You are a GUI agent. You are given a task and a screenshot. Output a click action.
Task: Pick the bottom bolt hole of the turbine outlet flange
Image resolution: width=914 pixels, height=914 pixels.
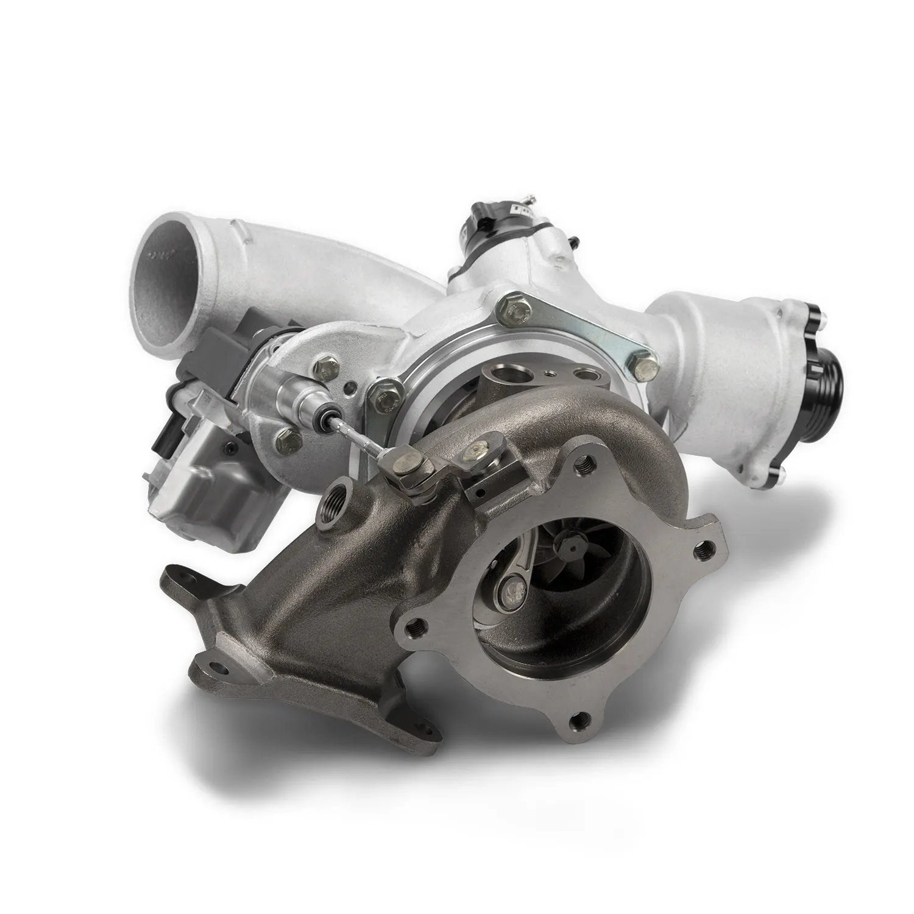click(x=576, y=723)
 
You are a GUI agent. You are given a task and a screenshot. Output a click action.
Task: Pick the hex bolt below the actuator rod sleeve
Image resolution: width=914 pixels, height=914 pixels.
click(x=286, y=436)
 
